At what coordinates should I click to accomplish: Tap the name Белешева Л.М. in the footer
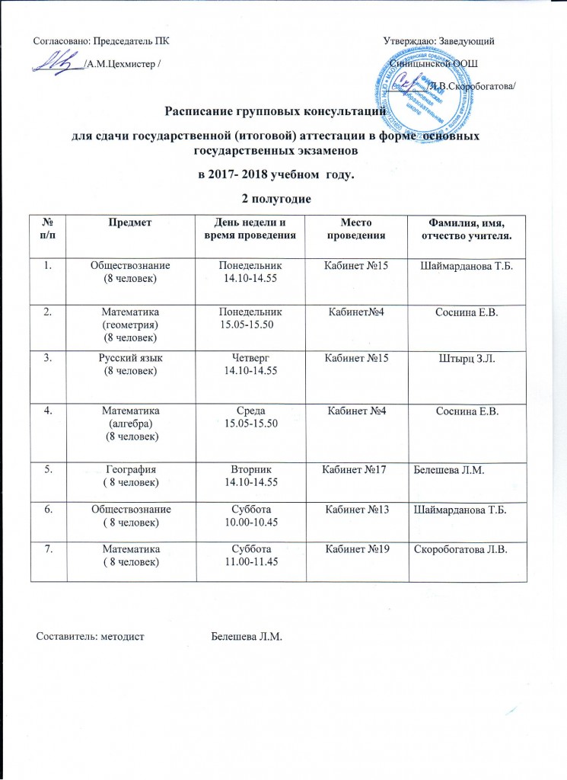(245, 635)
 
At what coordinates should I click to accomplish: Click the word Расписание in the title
(203, 115)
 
